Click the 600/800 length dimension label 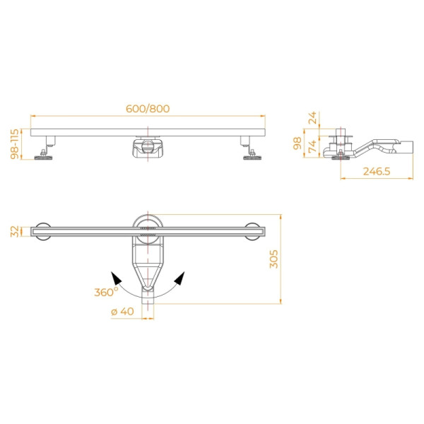pyautogui.click(x=148, y=109)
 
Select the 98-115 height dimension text pyautogui.click(x=15, y=144)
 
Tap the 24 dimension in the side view pyautogui.click(x=312, y=117)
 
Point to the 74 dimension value pyautogui.click(x=312, y=146)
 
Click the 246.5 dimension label pyautogui.click(x=377, y=172)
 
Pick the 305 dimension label pyautogui.click(x=273, y=259)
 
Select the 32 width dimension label pyautogui.click(x=15, y=232)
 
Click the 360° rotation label pyautogui.click(x=106, y=292)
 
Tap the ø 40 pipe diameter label pyautogui.click(x=122, y=312)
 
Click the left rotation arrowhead pyautogui.click(x=116, y=278)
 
